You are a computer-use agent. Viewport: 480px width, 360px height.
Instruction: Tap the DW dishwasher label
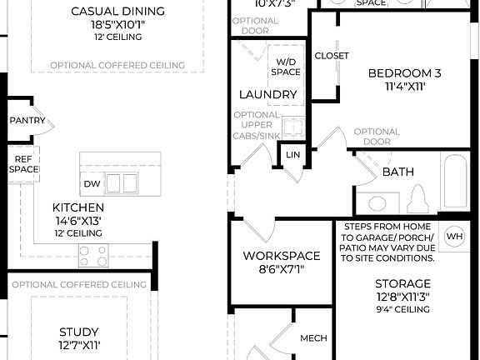pos(92,183)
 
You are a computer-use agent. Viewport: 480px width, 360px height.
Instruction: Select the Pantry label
pos(27,121)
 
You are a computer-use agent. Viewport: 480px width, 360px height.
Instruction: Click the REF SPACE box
pos(24,163)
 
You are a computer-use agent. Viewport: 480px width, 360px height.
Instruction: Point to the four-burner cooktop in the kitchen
pos(92,256)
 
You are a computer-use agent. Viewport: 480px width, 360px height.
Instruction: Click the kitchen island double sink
pos(121,182)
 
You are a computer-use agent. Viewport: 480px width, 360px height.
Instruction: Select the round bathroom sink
pos(377,202)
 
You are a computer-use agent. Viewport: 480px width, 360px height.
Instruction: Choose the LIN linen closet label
pos(292,155)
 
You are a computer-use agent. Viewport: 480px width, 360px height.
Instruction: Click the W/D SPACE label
pos(284,66)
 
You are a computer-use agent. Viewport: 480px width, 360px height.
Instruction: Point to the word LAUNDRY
pos(267,94)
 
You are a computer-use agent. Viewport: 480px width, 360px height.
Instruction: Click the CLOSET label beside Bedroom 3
pos(332,56)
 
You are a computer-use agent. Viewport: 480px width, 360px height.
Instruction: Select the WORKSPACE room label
pos(281,255)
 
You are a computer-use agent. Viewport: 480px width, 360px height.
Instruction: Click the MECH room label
pos(313,337)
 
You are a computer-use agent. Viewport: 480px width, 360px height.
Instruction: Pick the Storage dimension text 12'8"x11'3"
pos(402,297)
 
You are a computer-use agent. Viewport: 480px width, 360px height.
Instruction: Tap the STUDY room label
pos(78,331)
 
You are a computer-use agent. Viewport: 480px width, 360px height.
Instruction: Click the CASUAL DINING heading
pos(117,12)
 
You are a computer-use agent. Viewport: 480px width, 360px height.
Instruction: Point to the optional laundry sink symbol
pos(292,127)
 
